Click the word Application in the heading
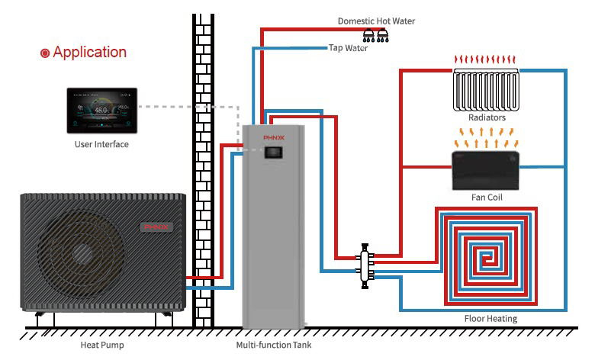click(89, 53)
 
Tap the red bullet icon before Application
click(45, 53)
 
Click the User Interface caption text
click(101, 144)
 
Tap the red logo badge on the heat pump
click(159, 227)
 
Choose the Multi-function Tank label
click(274, 345)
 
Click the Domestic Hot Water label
click(377, 21)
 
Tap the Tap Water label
click(348, 48)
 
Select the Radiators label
click(487, 118)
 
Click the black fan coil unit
click(485, 170)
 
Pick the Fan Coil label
click(486, 197)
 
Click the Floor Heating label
click(490, 318)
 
